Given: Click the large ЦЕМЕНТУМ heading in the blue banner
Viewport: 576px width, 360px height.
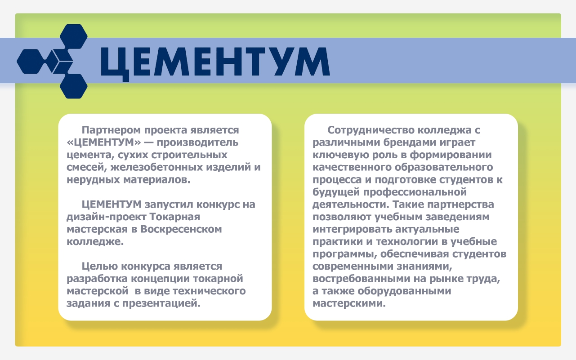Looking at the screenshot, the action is coord(215,63).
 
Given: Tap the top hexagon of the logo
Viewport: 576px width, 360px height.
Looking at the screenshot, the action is coord(74,36).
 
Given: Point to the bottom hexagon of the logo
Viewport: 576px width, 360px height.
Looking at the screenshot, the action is coord(74,86).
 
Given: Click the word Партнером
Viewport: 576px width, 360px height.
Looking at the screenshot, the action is coord(111,130).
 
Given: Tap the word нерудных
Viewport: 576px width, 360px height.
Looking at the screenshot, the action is coord(94,180).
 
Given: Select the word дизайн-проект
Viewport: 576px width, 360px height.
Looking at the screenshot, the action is coord(107,217).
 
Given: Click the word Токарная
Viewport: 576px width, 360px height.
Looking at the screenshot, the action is coord(175,217).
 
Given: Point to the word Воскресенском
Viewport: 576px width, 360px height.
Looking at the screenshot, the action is coord(181,230).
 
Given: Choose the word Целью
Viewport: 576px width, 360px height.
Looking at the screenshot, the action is coord(100,267).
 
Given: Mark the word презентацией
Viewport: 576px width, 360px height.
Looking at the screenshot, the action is coord(161,304).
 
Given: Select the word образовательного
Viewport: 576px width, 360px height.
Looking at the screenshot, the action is coord(444,168).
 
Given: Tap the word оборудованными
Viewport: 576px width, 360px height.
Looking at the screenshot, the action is coord(404,291).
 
